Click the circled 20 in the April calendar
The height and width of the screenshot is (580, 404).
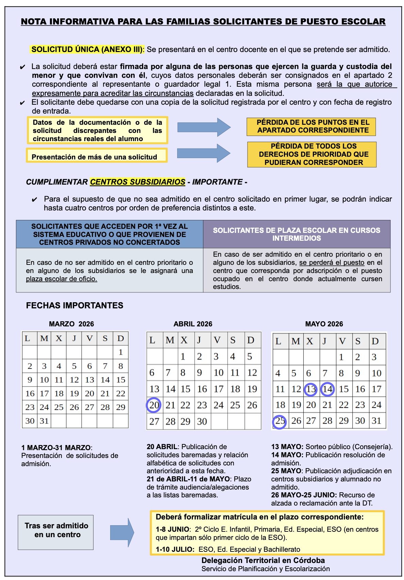pyautogui.click(x=154, y=405)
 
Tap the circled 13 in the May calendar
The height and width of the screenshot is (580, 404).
pyautogui.click(x=310, y=389)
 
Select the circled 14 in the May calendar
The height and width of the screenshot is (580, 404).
pyautogui.click(x=327, y=389)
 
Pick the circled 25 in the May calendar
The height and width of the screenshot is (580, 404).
pyautogui.click(x=280, y=421)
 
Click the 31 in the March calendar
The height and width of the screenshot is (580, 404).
pyautogui.click(x=44, y=421)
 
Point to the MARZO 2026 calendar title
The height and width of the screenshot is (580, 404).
pyautogui.click(x=71, y=324)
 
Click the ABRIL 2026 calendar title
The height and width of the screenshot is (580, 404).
pyautogui.click(x=193, y=324)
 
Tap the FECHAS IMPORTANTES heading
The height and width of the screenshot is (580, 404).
pyautogui.click(x=74, y=305)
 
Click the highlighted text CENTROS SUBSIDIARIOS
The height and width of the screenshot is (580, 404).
pyautogui.click(x=137, y=182)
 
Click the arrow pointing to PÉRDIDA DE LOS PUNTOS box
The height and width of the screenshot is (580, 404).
pyautogui.click(x=204, y=127)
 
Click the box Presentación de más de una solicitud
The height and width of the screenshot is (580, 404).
pyautogui.click(x=97, y=156)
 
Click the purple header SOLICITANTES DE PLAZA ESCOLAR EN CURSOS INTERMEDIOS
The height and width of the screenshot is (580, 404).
pyautogui.click(x=297, y=234)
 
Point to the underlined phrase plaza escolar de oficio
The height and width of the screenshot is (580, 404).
pyautogui.click(x=62, y=279)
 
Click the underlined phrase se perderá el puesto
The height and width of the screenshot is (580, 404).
pyautogui.click(x=332, y=263)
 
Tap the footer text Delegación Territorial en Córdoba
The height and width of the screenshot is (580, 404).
pyautogui.click(x=263, y=561)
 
